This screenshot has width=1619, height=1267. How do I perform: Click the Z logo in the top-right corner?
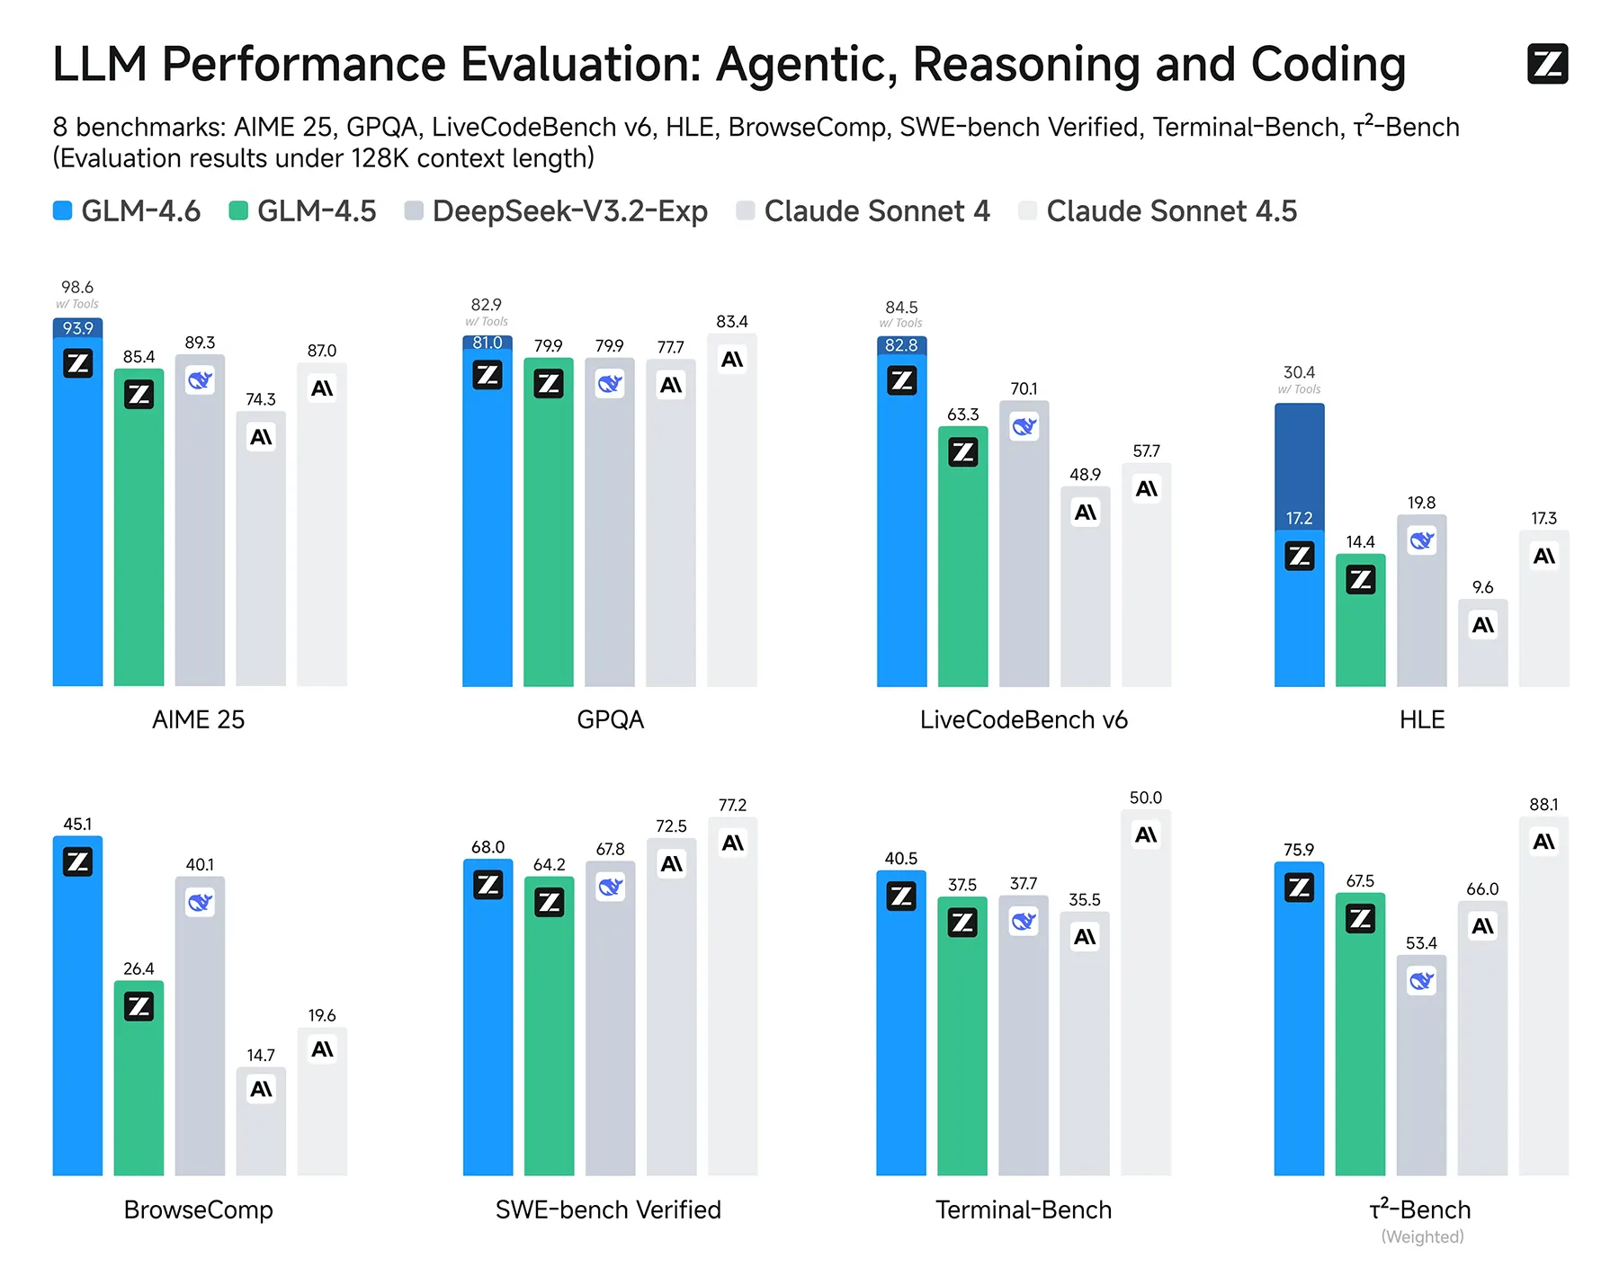coord(1547,64)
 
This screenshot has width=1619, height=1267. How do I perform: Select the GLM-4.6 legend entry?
coord(126,211)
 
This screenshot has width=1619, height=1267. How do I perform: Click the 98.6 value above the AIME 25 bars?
coord(77,288)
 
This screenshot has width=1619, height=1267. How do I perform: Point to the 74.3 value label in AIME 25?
coord(261,399)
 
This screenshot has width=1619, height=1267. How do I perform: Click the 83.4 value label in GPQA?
coord(732,322)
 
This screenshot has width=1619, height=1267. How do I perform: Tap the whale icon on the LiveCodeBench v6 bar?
coord(1024,426)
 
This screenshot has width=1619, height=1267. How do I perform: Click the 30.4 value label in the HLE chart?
coord(1299,372)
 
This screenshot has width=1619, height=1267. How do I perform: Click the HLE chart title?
coord(1422,719)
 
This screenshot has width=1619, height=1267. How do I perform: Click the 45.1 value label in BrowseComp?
coord(77,825)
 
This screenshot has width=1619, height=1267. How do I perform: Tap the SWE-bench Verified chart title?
coord(609,1209)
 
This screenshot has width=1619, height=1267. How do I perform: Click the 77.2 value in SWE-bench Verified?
coord(732,805)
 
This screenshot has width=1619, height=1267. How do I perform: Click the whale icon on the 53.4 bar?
coord(1421,980)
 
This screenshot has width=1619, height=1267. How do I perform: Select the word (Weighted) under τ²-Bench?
coord(1422,1237)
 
